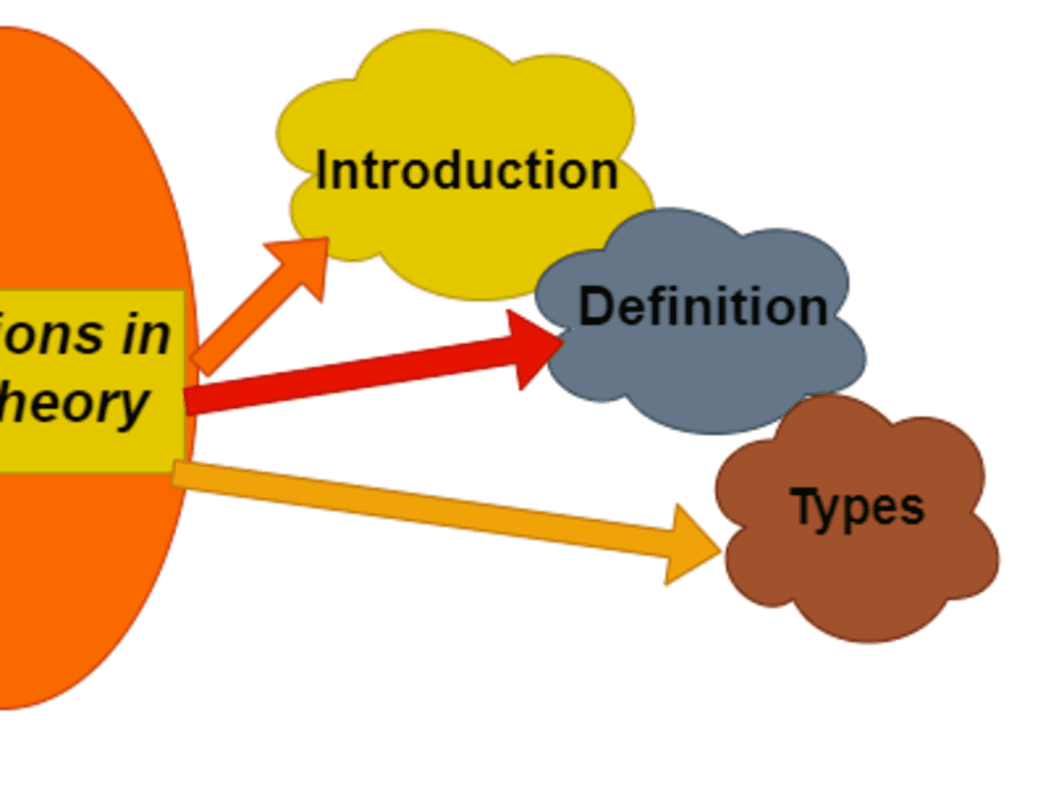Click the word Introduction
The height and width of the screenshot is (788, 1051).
(467, 170)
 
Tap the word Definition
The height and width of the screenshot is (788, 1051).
(703, 306)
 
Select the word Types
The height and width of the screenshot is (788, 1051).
(857, 507)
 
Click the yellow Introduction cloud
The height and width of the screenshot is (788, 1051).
(455, 96)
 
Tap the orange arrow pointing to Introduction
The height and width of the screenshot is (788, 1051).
(254, 311)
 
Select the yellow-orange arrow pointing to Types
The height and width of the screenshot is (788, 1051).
(420, 508)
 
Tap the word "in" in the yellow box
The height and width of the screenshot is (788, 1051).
(145, 334)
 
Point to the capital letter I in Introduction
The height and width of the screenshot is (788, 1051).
(321, 170)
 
